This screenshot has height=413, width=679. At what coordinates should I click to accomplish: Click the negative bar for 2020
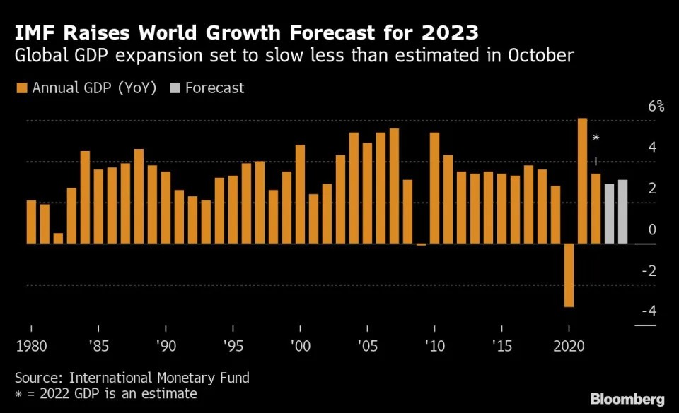pos(569,275)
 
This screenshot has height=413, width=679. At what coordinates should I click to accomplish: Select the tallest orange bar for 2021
pos(582,181)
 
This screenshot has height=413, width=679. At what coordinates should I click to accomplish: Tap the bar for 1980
pos(31,222)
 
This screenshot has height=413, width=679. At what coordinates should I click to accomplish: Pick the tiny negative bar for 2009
pos(421,244)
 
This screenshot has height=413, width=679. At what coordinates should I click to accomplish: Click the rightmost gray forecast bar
pos(622,212)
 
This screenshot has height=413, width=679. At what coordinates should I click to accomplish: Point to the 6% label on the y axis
pos(656,107)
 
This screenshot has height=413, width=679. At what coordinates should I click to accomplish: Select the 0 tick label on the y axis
pos(652,229)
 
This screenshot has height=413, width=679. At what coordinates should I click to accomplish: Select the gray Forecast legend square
pos(174,88)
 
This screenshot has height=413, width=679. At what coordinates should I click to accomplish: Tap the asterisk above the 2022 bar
pos(596,138)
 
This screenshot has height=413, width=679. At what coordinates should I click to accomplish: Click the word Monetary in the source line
pos(174,378)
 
